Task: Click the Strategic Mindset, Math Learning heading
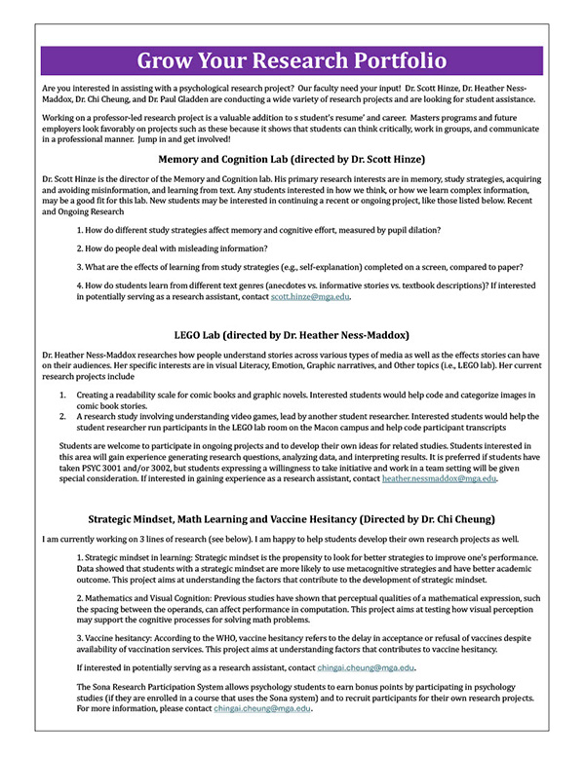(292, 518)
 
